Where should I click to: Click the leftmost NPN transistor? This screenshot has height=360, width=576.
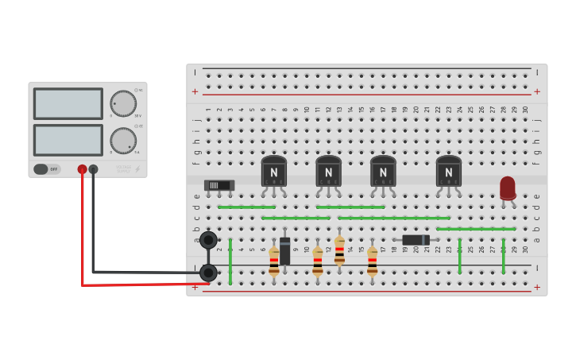click(274, 171)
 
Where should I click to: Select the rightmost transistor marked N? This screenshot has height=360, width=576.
click(448, 171)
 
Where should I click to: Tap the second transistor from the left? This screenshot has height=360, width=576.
click(328, 171)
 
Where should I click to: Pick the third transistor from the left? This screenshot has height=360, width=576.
click(383, 171)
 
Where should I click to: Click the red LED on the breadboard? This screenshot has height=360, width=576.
click(508, 188)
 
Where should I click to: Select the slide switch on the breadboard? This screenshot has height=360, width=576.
click(218, 185)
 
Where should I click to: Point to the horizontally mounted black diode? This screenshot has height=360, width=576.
click(416, 240)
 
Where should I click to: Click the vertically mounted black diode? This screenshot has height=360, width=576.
click(284, 250)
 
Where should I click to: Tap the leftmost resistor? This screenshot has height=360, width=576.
click(274, 259)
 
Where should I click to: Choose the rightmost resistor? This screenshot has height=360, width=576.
click(372, 259)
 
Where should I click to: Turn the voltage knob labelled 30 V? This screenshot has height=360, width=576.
click(123, 103)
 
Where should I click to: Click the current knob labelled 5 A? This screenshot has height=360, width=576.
click(123, 141)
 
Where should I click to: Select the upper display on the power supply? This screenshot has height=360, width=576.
click(68, 103)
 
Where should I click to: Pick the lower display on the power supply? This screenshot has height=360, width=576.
click(68, 140)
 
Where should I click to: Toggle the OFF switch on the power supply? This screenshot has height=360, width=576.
click(47, 169)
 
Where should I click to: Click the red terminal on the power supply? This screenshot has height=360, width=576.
click(82, 169)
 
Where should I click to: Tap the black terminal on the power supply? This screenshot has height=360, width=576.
click(94, 169)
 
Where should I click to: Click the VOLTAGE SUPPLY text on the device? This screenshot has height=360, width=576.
click(123, 168)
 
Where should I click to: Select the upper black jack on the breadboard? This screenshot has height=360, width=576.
click(208, 240)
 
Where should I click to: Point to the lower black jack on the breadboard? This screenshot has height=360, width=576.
click(208, 273)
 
